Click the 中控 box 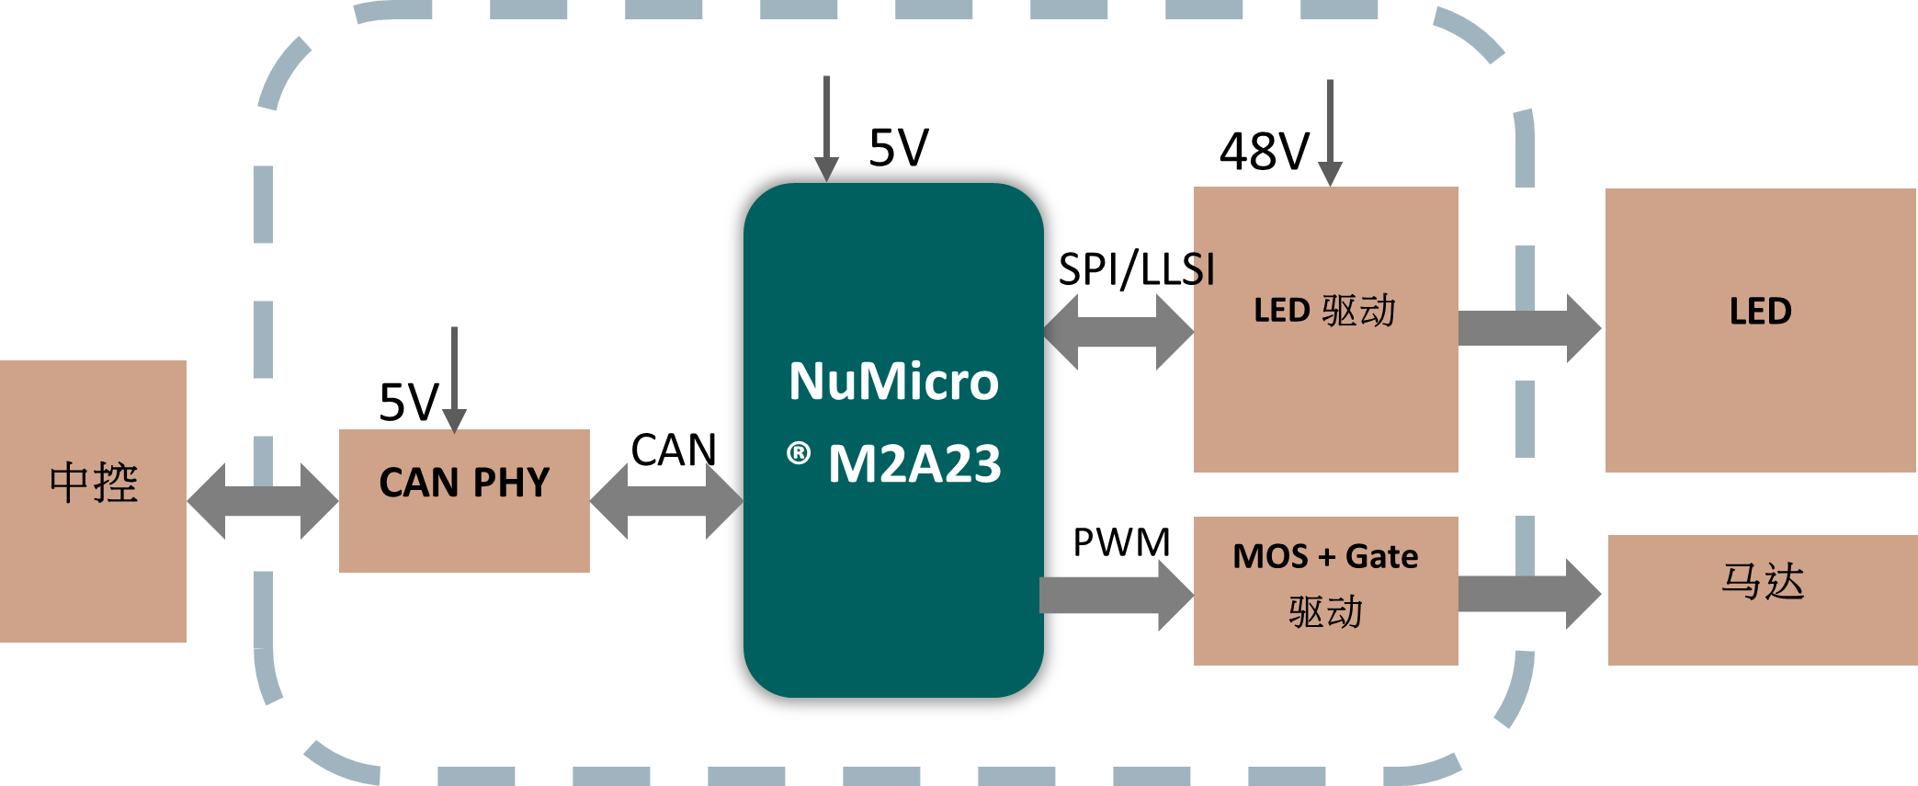93,501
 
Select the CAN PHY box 464,501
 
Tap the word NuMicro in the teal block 893,382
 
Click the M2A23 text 914,464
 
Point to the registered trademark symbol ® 799,453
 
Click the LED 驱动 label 1324,311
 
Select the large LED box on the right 1760,331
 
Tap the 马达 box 1762,599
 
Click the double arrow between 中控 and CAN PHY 263,501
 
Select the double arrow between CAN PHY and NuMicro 666,501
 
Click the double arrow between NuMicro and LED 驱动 1118,332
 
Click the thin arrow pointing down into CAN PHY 454,377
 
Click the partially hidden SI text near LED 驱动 1203,270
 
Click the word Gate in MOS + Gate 1381,556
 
